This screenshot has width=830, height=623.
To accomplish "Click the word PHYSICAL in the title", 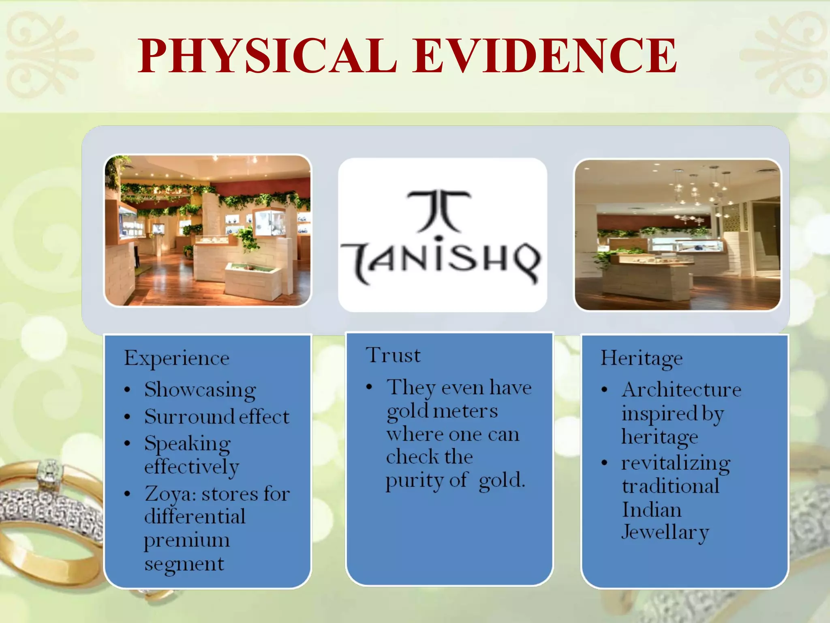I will pos(267,56).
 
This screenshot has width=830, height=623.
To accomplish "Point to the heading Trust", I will pos(393,355).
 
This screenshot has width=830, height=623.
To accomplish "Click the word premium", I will pos(187,541).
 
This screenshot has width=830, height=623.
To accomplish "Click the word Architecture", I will pos(682,390).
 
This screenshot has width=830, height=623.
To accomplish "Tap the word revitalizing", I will pos(676,463).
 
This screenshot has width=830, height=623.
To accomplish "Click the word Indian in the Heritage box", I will pos(652,510).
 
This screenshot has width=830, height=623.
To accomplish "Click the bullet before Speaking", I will pos(127,443).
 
